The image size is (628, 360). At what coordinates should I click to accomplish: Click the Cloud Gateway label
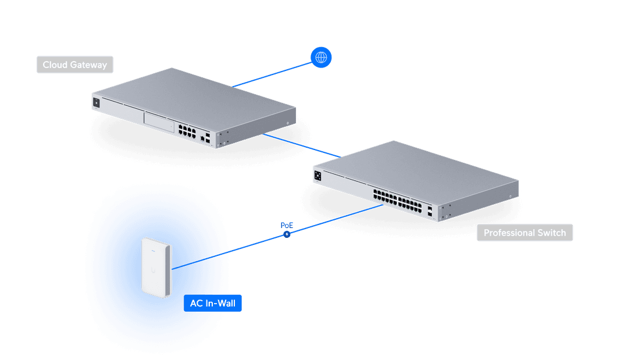point(75,65)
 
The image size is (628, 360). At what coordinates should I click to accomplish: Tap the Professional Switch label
point(524,233)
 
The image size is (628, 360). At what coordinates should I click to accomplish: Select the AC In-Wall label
point(212,303)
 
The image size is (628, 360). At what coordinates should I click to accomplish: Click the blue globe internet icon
point(321,57)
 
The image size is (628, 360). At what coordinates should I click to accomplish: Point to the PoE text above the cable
point(287,225)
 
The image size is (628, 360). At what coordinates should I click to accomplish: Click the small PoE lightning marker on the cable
point(287,234)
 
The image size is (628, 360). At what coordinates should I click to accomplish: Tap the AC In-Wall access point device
point(156,265)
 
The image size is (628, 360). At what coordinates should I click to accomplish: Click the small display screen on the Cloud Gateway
point(96,102)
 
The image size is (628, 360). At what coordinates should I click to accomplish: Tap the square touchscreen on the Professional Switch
point(318,174)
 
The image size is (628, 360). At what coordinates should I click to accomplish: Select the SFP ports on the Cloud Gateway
point(205,137)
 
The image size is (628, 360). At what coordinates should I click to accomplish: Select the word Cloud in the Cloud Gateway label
point(55,65)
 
